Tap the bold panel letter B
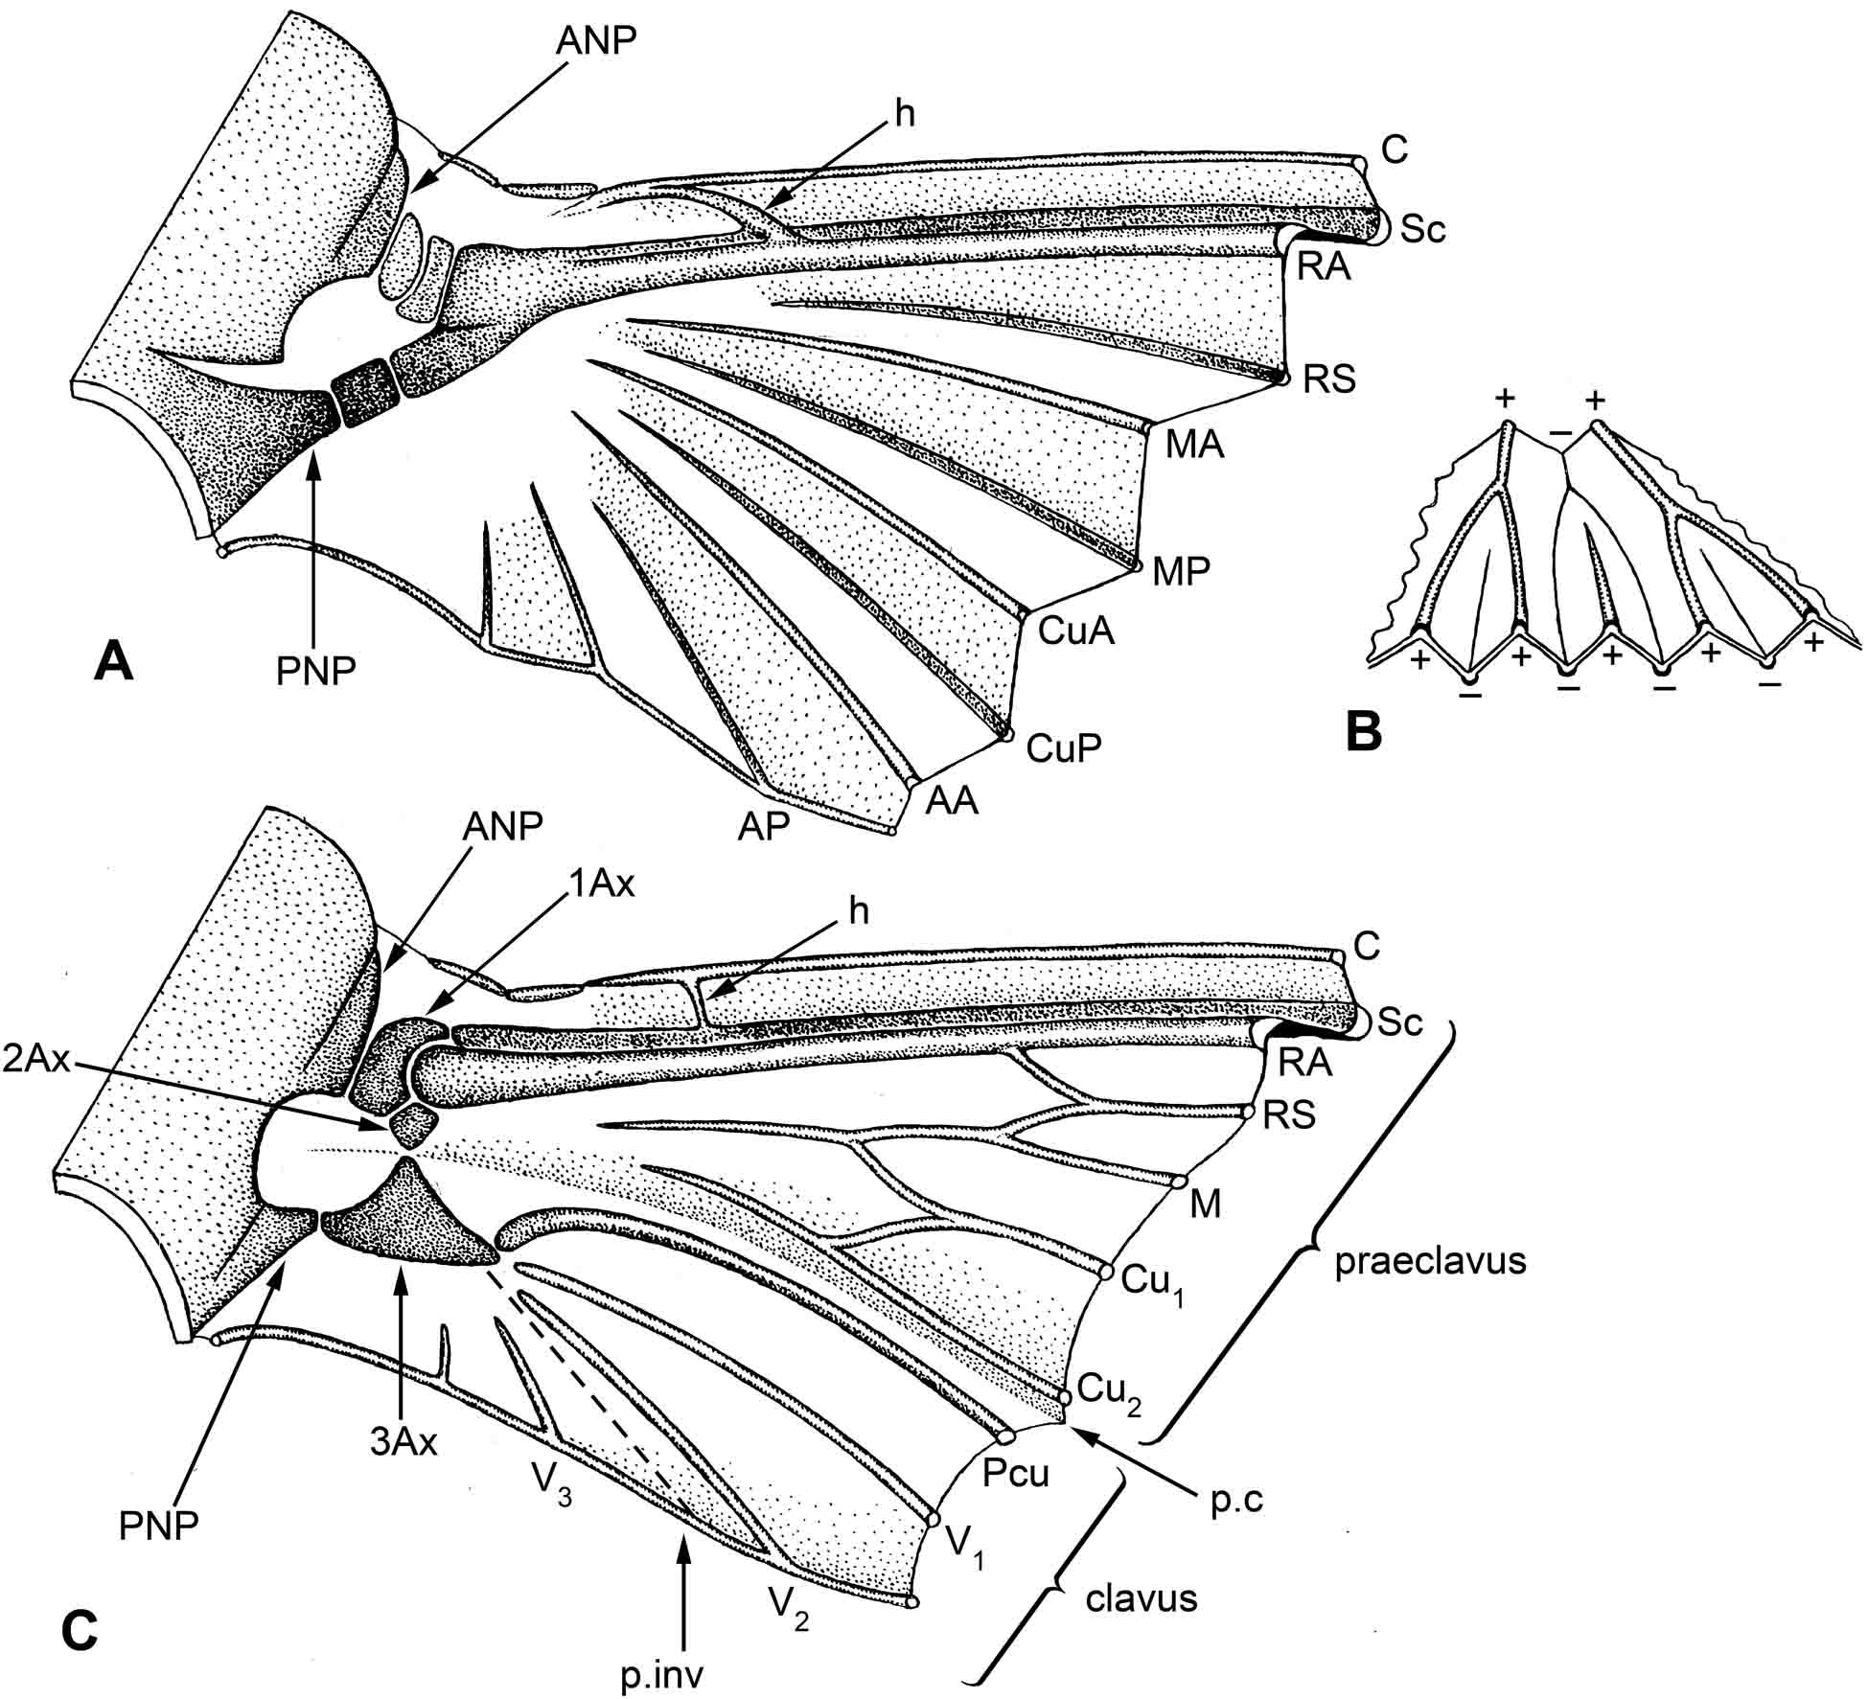tap(1364, 731)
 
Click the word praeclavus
tap(1430, 1261)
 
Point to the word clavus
tap(1142, 1597)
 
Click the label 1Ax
tap(602, 883)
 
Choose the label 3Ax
tap(404, 1441)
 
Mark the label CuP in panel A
tap(1062, 747)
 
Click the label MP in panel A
tap(1181, 570)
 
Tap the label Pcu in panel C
tap(1016, 1472)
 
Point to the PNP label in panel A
tap(316, 672)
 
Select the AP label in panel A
tap(764, 826)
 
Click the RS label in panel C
tap(1289, 1114)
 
